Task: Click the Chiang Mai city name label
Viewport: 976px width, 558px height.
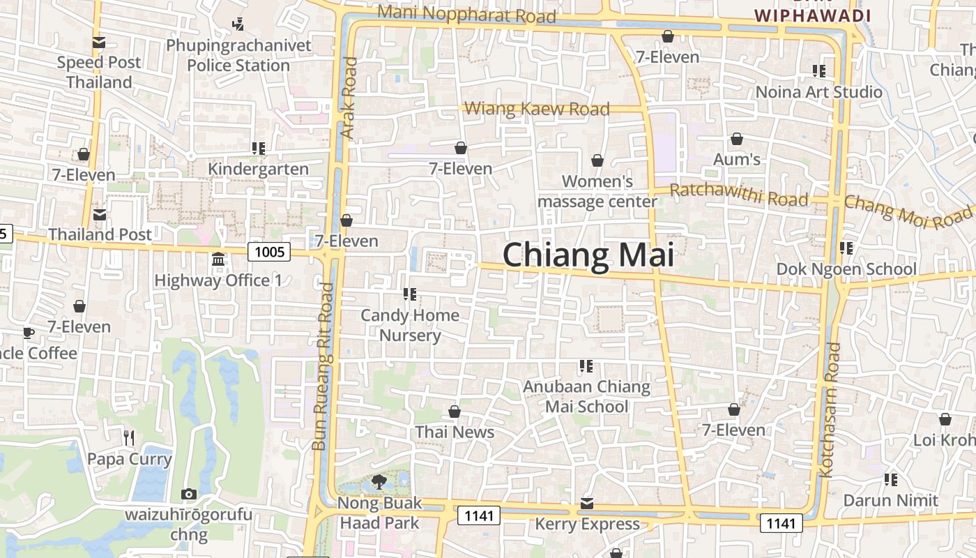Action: pyautogui.click(x=588, y=255)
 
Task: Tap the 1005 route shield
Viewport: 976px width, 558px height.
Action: pyautogui.click(x=269, y=252)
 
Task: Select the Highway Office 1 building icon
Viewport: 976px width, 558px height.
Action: pyautogui.click(x=218, y=259)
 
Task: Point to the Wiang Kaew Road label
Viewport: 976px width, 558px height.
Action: pyautogui.click(x=536, y=109)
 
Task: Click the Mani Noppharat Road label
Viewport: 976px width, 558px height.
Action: pyautogui.click(x=466, y=14)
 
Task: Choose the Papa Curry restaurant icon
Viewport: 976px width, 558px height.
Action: pyautogui.click(x=128, y=438)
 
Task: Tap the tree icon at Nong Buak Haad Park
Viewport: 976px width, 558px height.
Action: pyautogui.click(x=379, y=481)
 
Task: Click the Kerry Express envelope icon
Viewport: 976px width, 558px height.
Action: pyautogui.click(x=587, y=504)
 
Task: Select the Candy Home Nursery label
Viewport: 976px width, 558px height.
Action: pyautogui.click(x=410, y=325)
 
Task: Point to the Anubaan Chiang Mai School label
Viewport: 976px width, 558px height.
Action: pyautogui.click(x=586, y=396)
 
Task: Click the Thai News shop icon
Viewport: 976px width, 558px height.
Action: pyautogui.click(x=455, y=412)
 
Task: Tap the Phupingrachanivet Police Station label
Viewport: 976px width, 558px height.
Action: pyautogui.click(x=238, y=55)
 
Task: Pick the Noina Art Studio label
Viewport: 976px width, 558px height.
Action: pyautogui.click(x=819, y=92)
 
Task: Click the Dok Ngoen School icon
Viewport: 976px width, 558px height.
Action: pyautogui.click(x=846, y=248)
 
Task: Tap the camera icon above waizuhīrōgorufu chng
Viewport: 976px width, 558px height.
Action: pyautogui.click(x=188, y=495)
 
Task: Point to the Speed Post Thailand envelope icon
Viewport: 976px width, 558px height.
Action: pyautogui.click(x=98, y=43)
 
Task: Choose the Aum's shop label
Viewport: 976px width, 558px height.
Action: pyautogui.click(x=737, y=160)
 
